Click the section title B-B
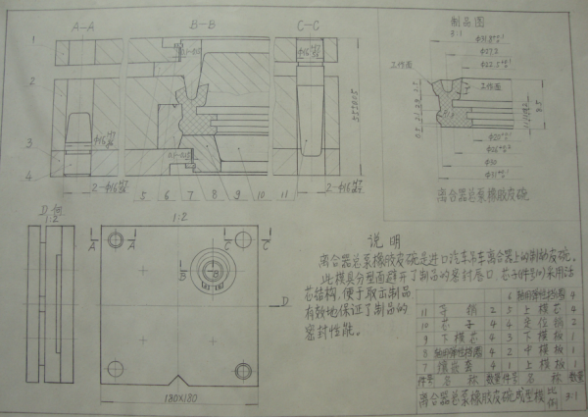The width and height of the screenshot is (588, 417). [x=204, y=19]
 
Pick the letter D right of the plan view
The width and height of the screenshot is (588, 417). [x=281, y=307]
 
